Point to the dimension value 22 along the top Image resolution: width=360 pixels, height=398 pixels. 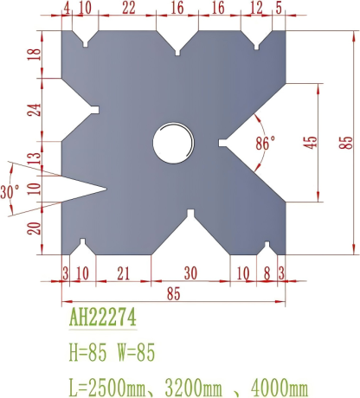tap(128, 9)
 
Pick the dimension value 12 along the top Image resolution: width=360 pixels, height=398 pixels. tap(256, 9)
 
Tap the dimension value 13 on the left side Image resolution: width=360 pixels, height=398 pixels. tap(34, 160)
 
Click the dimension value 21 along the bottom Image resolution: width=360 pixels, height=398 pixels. tap(123, 273)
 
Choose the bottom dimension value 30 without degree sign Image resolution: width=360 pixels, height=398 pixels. tap(190, 273)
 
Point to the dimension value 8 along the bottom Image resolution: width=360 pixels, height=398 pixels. tap(267, 273)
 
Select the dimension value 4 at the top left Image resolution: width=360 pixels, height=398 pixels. tap(67, 9)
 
